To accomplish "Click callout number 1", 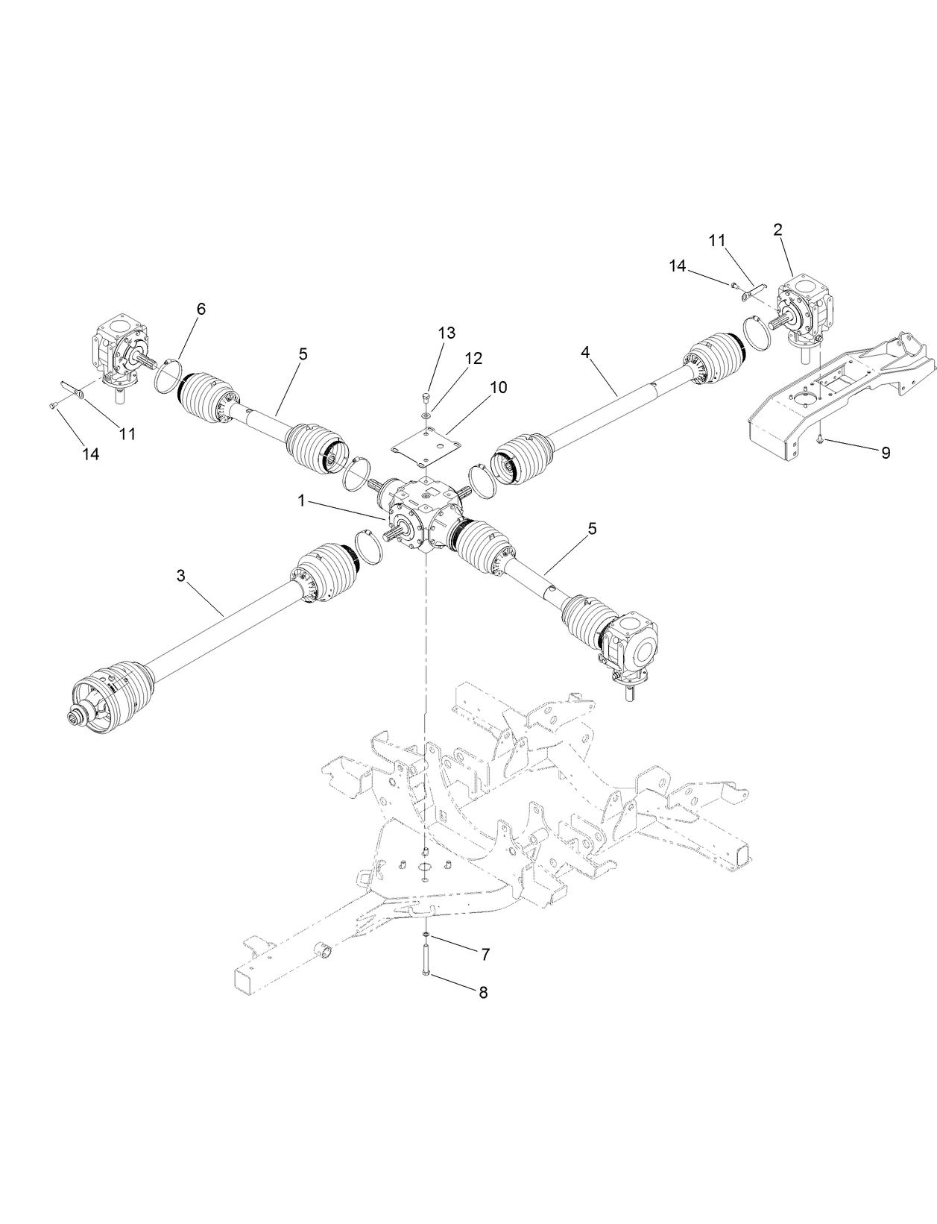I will (302, 501).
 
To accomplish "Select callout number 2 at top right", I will (778, 230).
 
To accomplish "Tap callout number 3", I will (181, 576).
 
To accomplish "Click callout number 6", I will (201, 309).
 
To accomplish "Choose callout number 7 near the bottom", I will (485, 954).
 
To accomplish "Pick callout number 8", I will (483, 993).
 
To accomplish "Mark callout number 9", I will (886, 453).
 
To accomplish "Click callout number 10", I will (498, 387).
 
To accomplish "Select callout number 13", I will (447, 333).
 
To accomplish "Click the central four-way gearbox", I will (423, 515).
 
